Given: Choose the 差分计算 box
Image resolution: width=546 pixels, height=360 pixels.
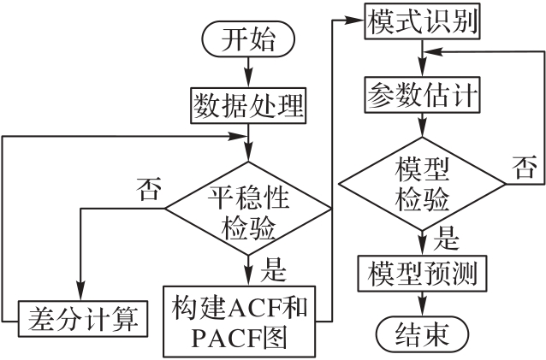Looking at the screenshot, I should coord(81,321).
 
